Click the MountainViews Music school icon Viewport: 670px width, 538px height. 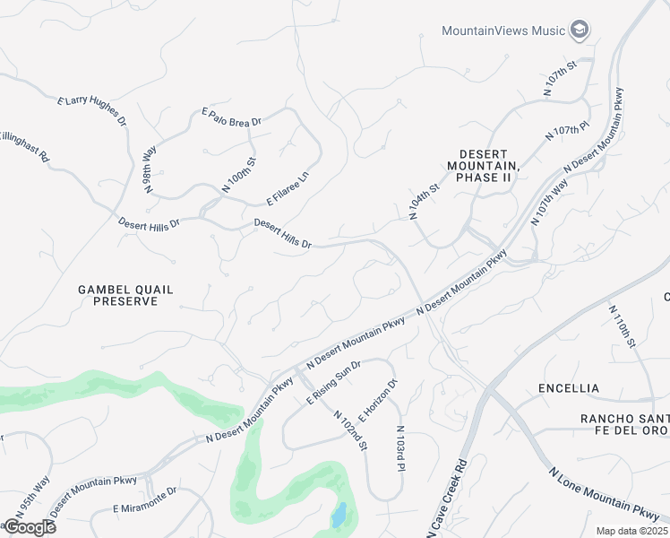coord(580,30)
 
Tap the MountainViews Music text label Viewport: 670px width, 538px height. coord(503,30)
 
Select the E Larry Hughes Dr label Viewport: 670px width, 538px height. coord(92,114)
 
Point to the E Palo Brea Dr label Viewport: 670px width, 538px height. coord(231,117)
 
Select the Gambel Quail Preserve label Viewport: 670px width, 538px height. coord(125,295)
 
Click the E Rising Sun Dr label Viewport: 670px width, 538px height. coord(333,383)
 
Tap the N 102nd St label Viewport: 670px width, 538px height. coord(351,430)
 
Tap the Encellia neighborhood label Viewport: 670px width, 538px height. coord(569,388)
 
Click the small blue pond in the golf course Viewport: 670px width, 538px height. coord(338,516)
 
